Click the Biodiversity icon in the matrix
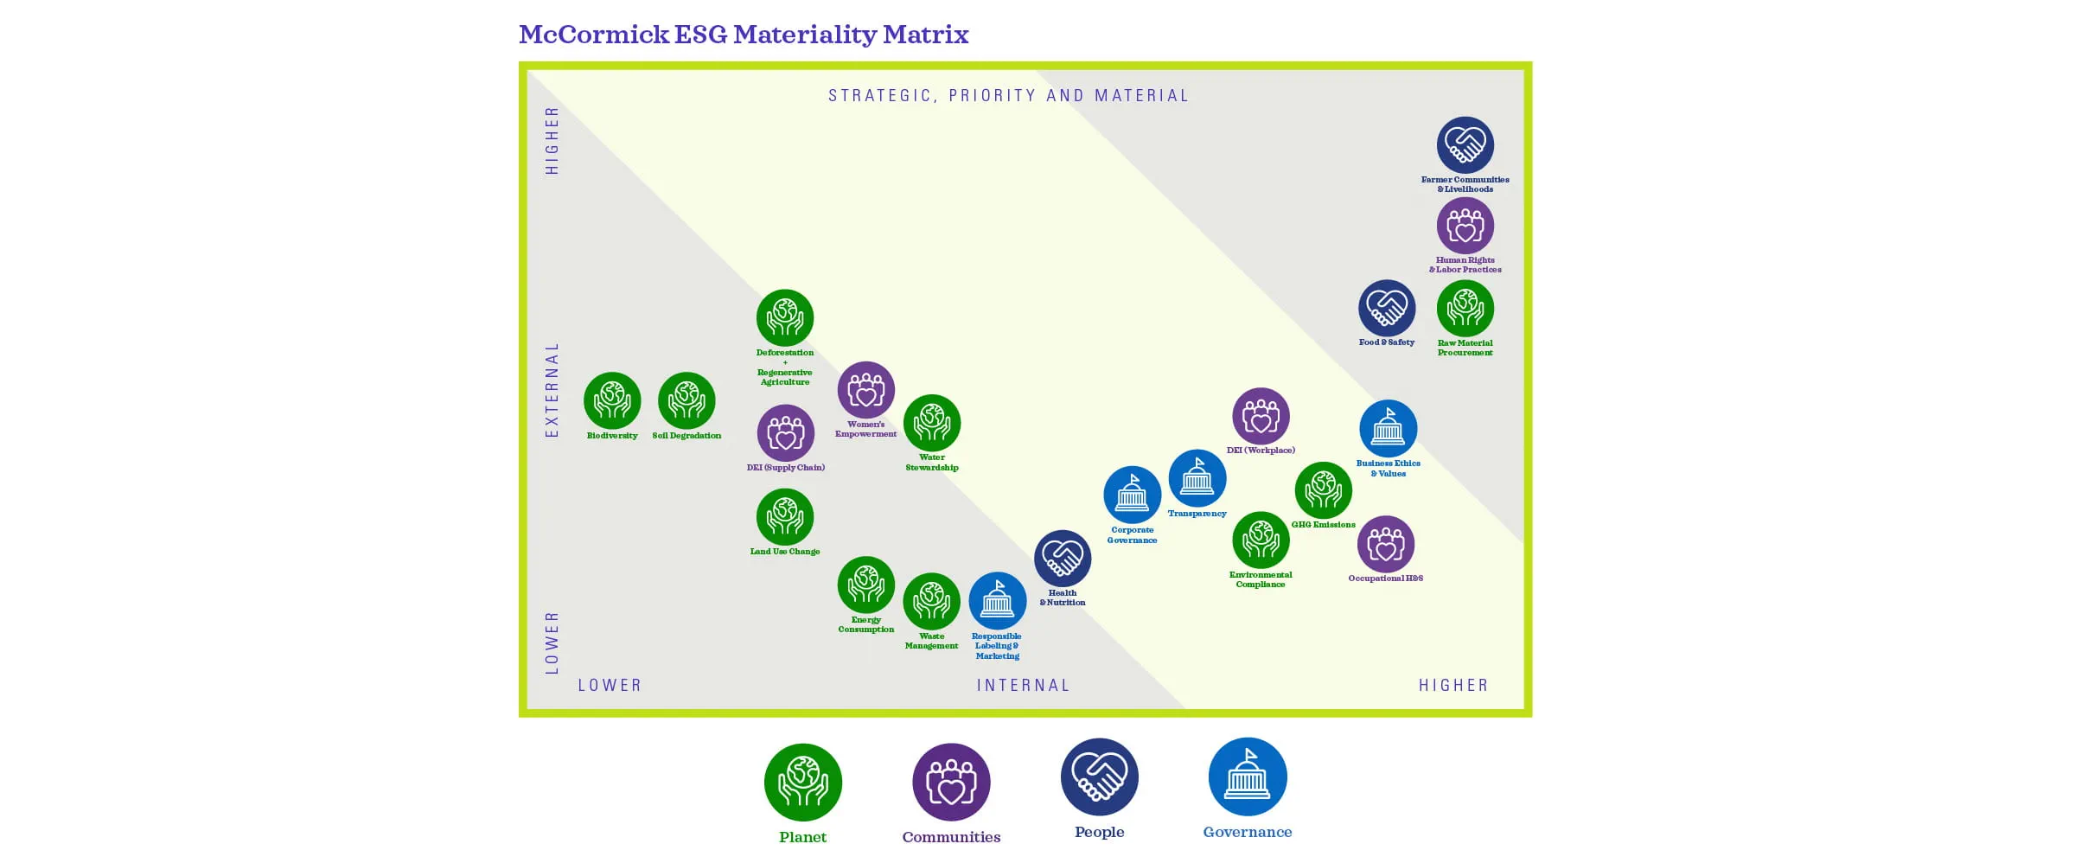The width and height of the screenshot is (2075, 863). tap(612, 400)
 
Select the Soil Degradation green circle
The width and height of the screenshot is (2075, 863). tap(686, 400)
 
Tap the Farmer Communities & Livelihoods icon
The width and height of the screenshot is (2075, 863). tap(1465, 145)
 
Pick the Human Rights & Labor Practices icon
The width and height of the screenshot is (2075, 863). tap(1465, 226)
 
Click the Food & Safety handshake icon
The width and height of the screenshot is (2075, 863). tap(1386, 308)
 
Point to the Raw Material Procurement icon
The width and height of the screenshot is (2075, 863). tap(1465, 308)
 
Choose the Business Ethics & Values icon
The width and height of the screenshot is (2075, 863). tap(1388, 428)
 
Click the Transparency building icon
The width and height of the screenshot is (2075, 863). tap(1197, 477)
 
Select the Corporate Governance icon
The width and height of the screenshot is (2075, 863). tap(1132, 495)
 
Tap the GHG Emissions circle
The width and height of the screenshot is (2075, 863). tap(1323, 490)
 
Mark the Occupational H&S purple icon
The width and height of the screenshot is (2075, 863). tap(1385, 544)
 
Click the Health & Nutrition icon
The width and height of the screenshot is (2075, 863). tap(1063, 559)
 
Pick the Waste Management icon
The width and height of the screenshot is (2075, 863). tap(931, 601)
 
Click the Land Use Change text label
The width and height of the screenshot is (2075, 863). tap(784, 552)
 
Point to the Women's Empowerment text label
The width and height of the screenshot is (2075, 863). tap(865, 429)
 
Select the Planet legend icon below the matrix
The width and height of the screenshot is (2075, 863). tap(802, 782)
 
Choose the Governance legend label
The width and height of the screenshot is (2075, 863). tap(1247, 832)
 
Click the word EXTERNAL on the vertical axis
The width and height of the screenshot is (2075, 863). tap(552, 389)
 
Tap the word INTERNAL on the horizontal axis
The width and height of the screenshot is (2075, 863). tap(1023, 686)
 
